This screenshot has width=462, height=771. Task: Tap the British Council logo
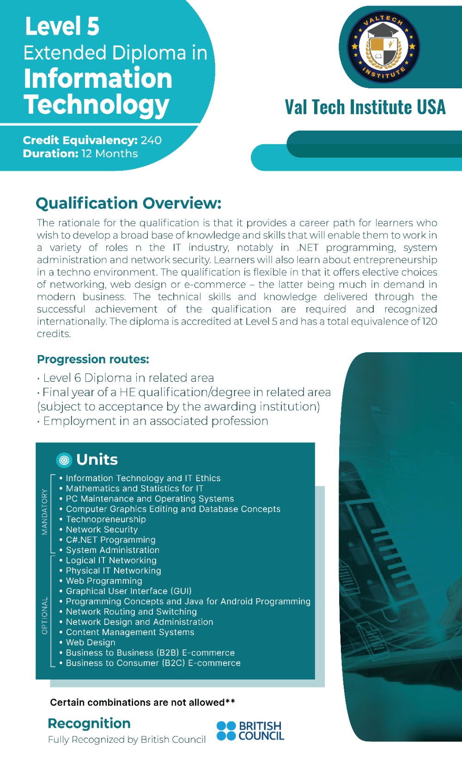[x=250, y=731]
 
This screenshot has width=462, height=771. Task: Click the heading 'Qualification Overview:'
[x=128, y=203]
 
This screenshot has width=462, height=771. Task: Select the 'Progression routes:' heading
[x=93, y=359]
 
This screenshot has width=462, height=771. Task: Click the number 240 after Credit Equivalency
[x=151, y=140]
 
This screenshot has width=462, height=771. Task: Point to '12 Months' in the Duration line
[x=109, y=153]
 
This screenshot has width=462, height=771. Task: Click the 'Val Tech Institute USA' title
[x=365, y=107]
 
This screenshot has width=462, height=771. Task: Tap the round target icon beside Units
[x=64, y=460]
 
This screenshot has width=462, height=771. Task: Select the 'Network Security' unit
[x=102, y=530]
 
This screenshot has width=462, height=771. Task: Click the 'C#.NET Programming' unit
[x=110, y=540]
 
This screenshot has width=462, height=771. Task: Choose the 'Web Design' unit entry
[x=91, y=642]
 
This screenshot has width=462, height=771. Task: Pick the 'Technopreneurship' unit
[x=106, y=519]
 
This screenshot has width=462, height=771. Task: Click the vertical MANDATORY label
[x=44, y=512]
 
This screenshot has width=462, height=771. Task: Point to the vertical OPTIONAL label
[x=44, y=616]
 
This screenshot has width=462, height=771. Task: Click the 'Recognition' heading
[x=89, y=723]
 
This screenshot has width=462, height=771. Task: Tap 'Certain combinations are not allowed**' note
[x=142, y=703]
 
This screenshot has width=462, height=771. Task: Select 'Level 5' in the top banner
[x=62, y=26]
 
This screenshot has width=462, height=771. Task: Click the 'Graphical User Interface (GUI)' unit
[x=128, y=591]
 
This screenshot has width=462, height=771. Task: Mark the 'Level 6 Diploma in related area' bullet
[x=128, y=378]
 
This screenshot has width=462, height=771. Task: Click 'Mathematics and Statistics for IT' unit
[x=134, y=489]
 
